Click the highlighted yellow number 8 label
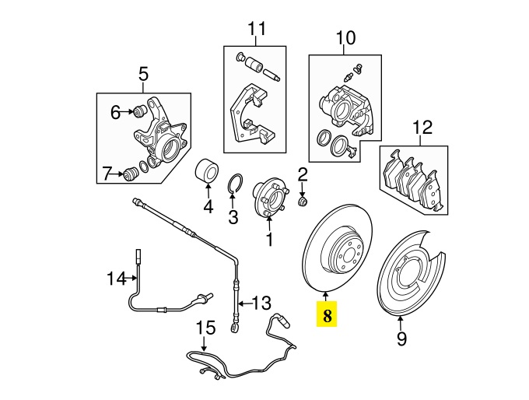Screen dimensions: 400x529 pyautogui.click(x=327, y=316)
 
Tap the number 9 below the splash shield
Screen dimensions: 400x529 pyautogui.click(x=401, y=339)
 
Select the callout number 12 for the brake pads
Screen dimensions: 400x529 pyautogui.click(x=421, y=127)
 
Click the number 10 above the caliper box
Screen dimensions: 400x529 pyautogui.click(x=345, y=37)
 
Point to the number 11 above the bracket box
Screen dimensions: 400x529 pyautogui.click(x=257, y=30)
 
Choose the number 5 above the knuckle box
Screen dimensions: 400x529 pyautogui.click(x=143, y=75)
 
